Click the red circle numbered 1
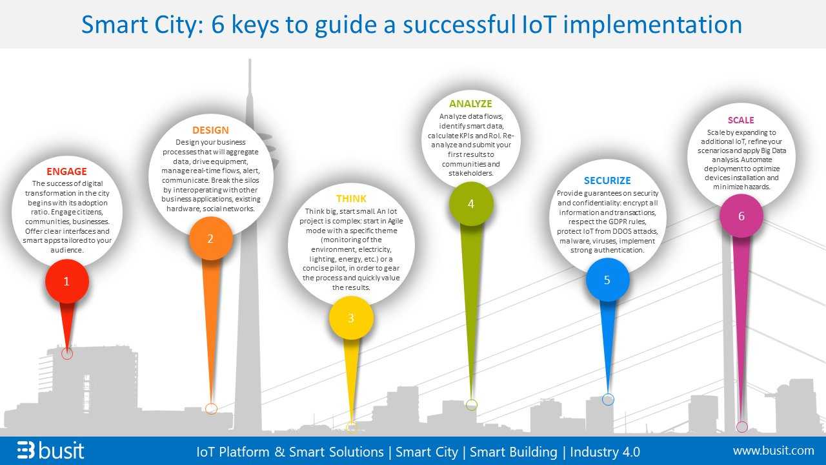pos(67,281)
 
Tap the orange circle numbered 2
pos(211,238)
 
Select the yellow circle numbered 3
pos(351,318)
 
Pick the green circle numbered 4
pos(471,203)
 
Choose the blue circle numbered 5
pos(607,280)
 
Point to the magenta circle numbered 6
pos(741,216)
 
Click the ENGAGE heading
pos(66,172)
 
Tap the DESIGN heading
pos(210,130)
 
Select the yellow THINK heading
pos(351,198)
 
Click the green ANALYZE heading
pos(470,104)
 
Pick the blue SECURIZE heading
pos(607,180)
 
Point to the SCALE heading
pos(741,120)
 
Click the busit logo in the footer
pos(50,450)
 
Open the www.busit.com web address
pos(774,451)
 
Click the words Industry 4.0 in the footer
pos(605,451)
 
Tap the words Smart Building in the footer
pos(513,452)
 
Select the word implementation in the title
pos(652,25)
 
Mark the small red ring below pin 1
pos(67,354)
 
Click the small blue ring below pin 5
pos(608,399)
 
